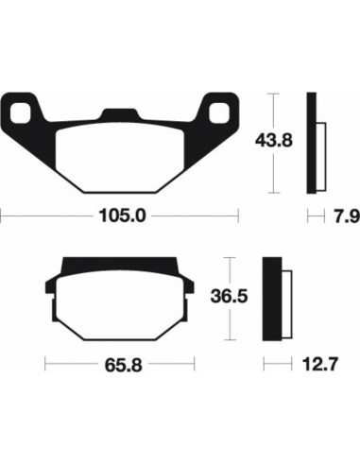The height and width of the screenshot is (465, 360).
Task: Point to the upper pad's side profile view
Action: coord(316,142)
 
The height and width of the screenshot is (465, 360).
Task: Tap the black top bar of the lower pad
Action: coord(121,265)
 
